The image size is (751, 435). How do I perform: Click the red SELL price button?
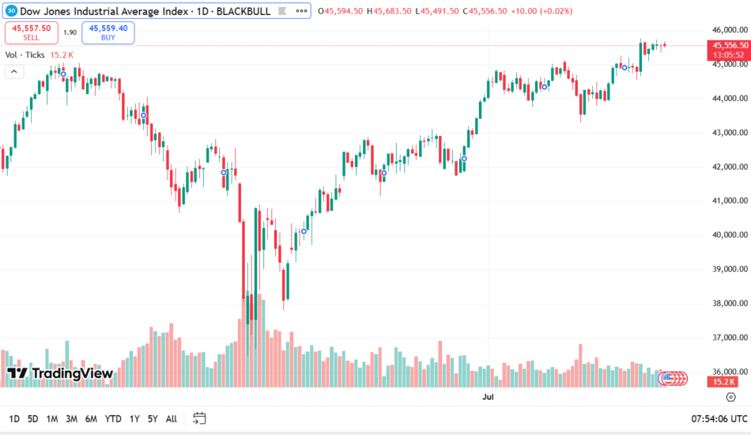coord(31,32)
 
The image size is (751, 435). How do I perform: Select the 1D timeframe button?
coord(14,418)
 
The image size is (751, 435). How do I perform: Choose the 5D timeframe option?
coord(32,418)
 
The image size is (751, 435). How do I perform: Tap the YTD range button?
coord(113,418)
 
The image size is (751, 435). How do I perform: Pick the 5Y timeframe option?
coord(152,418)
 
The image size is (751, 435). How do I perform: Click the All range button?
coord(171,418)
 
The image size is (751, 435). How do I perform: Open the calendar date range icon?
coord(199,418)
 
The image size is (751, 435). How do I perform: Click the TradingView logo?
coord(60,373)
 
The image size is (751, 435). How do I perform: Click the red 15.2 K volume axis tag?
coord(724,381)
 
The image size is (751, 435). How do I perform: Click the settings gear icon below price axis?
coord(730,396)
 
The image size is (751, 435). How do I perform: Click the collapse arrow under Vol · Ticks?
coord(13,71)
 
